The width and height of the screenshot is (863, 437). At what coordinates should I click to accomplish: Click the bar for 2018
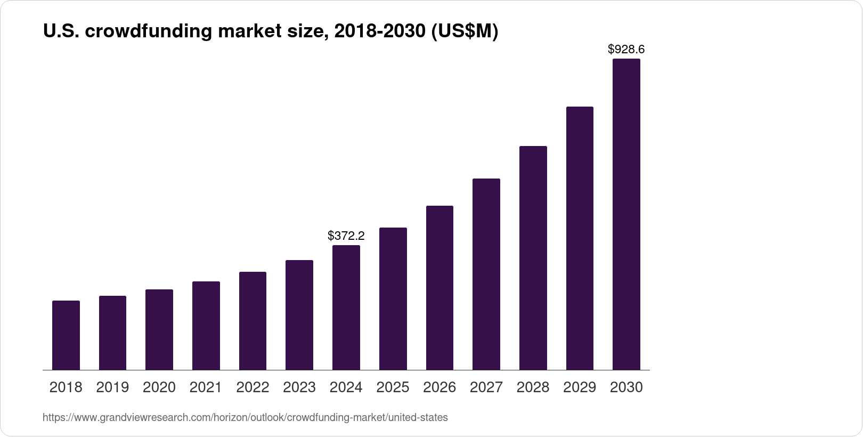[x=66, y=335]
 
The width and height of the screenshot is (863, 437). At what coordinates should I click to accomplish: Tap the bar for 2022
[x=253, y=321]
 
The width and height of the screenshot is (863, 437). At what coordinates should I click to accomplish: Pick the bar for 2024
[x=346, y=307]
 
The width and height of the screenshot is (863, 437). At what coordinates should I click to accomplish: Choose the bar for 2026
[x=439, y=288]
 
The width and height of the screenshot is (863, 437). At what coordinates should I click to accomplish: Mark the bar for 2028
[x=533, y=258]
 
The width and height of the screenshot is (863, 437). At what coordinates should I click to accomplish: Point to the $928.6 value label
[x=626, y=50]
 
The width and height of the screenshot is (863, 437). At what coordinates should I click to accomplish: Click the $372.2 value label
[x=346, y=236]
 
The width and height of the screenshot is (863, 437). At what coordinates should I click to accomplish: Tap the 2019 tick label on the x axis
[x=112, y=387]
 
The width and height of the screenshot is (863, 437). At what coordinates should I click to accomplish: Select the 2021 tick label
[x=206, y=387]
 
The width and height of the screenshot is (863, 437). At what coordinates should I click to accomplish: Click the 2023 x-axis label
[x=299, y=387]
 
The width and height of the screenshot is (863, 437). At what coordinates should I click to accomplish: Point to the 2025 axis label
[x=393, y=387]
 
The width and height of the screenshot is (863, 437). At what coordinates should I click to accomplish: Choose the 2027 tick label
[x=486, y=387]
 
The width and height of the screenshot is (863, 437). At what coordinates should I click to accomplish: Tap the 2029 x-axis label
[x=580, y=387]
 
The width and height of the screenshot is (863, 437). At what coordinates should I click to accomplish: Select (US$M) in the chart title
[x=464, y=32]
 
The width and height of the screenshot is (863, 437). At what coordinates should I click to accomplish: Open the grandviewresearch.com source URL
[x=245, y=418]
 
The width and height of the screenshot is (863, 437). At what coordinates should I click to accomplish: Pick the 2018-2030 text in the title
[x=379, y=32]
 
